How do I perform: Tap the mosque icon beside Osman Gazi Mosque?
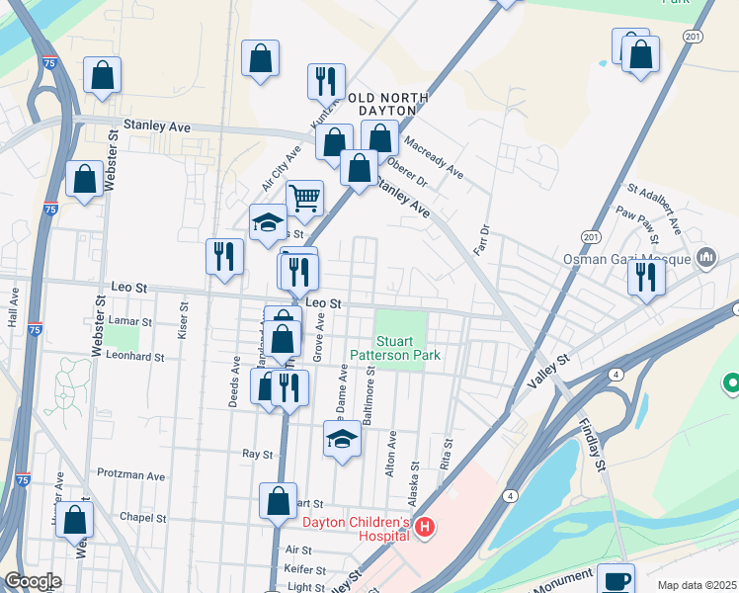[x=706, y=258]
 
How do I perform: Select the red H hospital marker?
[x=425, y=529]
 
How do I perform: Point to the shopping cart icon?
[x=305, y=198]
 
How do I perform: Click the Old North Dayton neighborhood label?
[x=387, y=104]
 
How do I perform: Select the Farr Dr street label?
[x=484, y=238]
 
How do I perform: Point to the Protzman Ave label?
[x=130, y=475]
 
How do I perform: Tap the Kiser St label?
[x=183, y=316]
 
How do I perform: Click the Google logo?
[x=33, y=581]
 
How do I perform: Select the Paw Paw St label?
[x=637, y=223]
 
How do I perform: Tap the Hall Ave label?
[x=14, y=310]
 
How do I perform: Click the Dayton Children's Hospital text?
[x=356, y=529]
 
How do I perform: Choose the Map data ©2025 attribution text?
[x=698, y=585]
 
